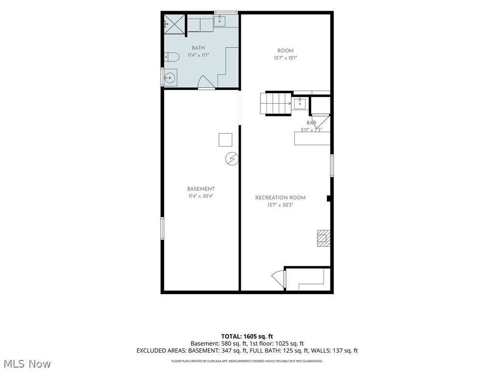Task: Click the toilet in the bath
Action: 172,57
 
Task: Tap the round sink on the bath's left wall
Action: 170,77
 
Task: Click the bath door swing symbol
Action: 206,82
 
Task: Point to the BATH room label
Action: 198,48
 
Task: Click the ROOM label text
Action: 286,51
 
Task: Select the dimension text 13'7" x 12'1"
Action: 286,58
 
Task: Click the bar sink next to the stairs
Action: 300,103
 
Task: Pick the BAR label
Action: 311,123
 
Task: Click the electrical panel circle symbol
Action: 232,158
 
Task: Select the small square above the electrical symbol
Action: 226,140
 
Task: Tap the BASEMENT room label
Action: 201,189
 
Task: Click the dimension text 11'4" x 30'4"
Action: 201,196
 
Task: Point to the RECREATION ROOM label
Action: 280,198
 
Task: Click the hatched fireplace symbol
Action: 324,238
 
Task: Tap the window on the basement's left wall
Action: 163,228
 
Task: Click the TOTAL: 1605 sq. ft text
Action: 247,336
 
